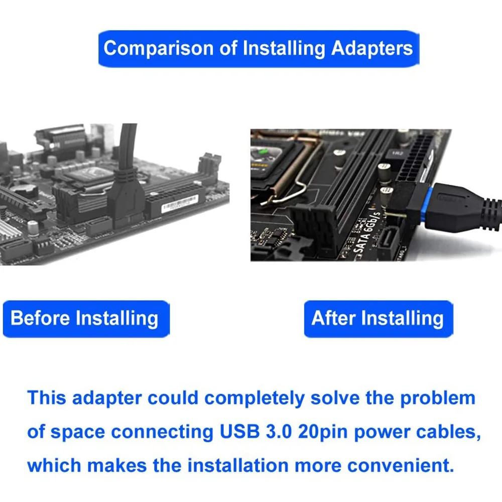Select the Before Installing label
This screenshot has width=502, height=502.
coord(84,318)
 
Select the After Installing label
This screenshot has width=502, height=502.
coord(378,318)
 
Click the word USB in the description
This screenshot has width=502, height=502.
coord(237,432)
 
